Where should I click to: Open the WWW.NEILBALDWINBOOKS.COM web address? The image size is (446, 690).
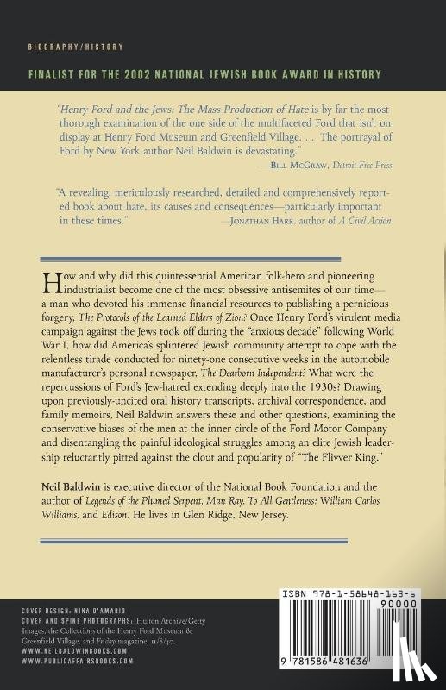tap(76, 650)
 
